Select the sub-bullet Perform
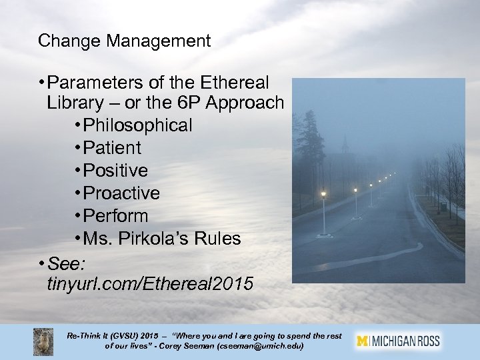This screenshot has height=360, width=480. click(120, 216)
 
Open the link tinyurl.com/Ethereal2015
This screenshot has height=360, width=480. click(150, 285)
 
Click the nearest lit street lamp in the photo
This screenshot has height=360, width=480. click(323, 195)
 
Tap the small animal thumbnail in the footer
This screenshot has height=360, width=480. click(43, 341)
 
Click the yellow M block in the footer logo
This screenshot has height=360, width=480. click(363, 341)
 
